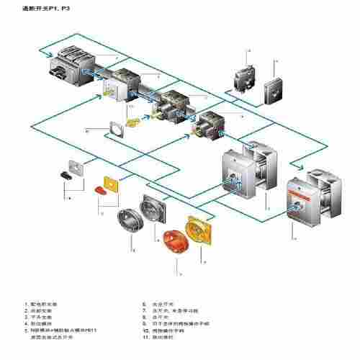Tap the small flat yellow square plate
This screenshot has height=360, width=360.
(114, 184)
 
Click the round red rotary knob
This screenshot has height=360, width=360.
(175, 241)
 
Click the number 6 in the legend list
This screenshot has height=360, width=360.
(145, 304)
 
